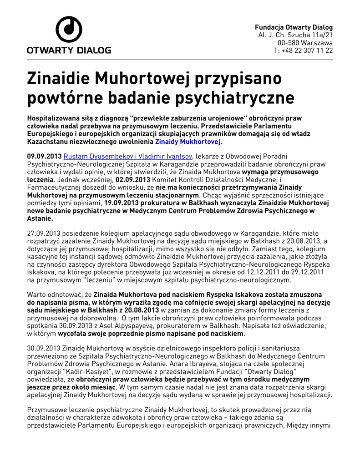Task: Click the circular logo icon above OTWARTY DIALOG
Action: coord(69,30)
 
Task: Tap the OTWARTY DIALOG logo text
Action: coord(69,51)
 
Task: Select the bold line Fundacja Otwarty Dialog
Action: coord(294,27)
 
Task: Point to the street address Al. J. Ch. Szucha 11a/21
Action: coord(295,35)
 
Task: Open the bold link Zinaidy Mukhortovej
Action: coord(188,142)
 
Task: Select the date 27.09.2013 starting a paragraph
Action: coord(42,233)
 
